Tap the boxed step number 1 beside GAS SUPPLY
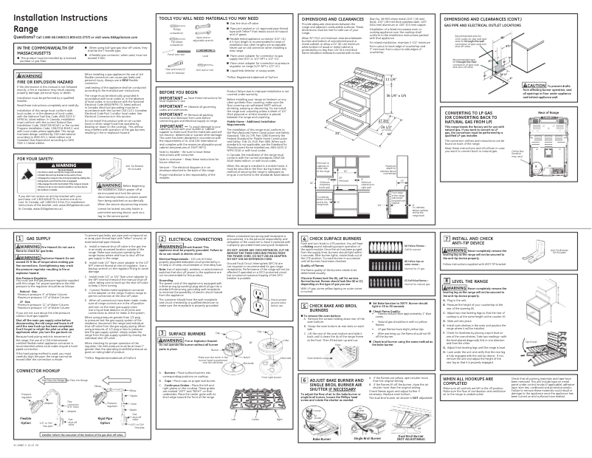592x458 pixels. [7, 240]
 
